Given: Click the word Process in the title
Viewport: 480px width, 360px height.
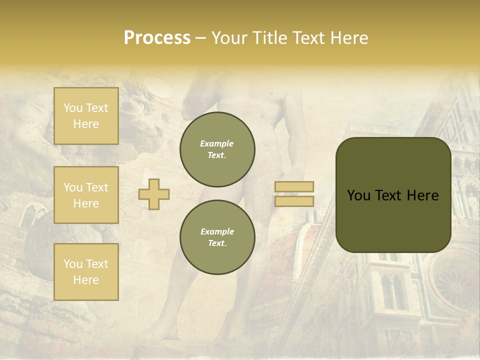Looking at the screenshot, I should coord(157,38).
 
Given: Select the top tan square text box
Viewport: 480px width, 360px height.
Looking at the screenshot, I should coord(86,116).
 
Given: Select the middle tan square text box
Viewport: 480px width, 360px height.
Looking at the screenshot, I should coord(86,195).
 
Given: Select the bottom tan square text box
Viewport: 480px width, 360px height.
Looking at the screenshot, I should coord(86,272).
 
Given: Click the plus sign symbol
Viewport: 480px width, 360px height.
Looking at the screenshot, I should coord(154,194).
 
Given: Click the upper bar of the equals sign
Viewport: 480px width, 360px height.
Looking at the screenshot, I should coord(294,186).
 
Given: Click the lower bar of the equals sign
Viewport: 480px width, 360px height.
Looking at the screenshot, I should coord(294,201).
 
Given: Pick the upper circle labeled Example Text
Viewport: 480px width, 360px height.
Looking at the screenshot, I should coord(217,149).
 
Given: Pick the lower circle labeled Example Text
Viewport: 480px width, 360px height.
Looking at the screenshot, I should coord(217,237).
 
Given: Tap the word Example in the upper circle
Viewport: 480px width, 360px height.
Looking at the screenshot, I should coord(217,143).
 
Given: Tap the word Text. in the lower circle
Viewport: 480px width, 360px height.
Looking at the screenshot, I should coord(217,243).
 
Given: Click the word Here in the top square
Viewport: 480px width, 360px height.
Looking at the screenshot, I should coord(86,124).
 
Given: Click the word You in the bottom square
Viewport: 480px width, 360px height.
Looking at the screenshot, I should coord(73,264).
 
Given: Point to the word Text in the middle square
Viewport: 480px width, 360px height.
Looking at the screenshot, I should coord(97,187).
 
